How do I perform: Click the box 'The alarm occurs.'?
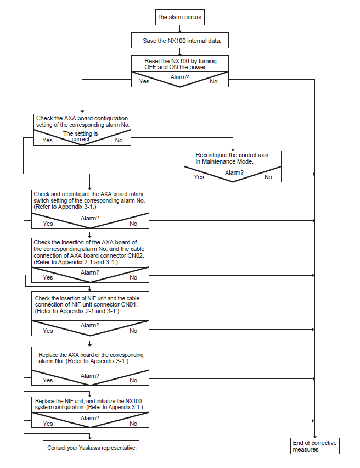(x=180, y=18)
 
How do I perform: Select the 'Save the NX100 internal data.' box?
(x=180, y=41)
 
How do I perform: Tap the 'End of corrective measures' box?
(x=314, y=446)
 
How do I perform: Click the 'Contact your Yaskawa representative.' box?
(x=91, y=448)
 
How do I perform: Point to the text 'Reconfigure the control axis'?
(x=232, y=155)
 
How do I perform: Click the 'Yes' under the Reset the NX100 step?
(x=144, y=81)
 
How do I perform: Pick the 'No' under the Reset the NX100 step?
(x=213, y=81)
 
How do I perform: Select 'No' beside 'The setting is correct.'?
(x=119, y=140)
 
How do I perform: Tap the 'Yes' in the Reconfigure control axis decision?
(x=199, y=177)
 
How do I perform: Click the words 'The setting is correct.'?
(x=81, y=136)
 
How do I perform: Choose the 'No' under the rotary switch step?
(x=133, y=224)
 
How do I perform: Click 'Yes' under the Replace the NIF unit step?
(x=48, y=424)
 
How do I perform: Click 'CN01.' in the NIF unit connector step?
(x=129, y=305)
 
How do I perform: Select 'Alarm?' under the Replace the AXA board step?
(x=90, y=376)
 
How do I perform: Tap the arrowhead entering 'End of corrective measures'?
(x=314, y=436)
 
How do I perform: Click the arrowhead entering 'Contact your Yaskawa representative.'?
(x=90, y=438)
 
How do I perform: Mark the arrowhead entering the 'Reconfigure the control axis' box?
(x=233, y=149)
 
